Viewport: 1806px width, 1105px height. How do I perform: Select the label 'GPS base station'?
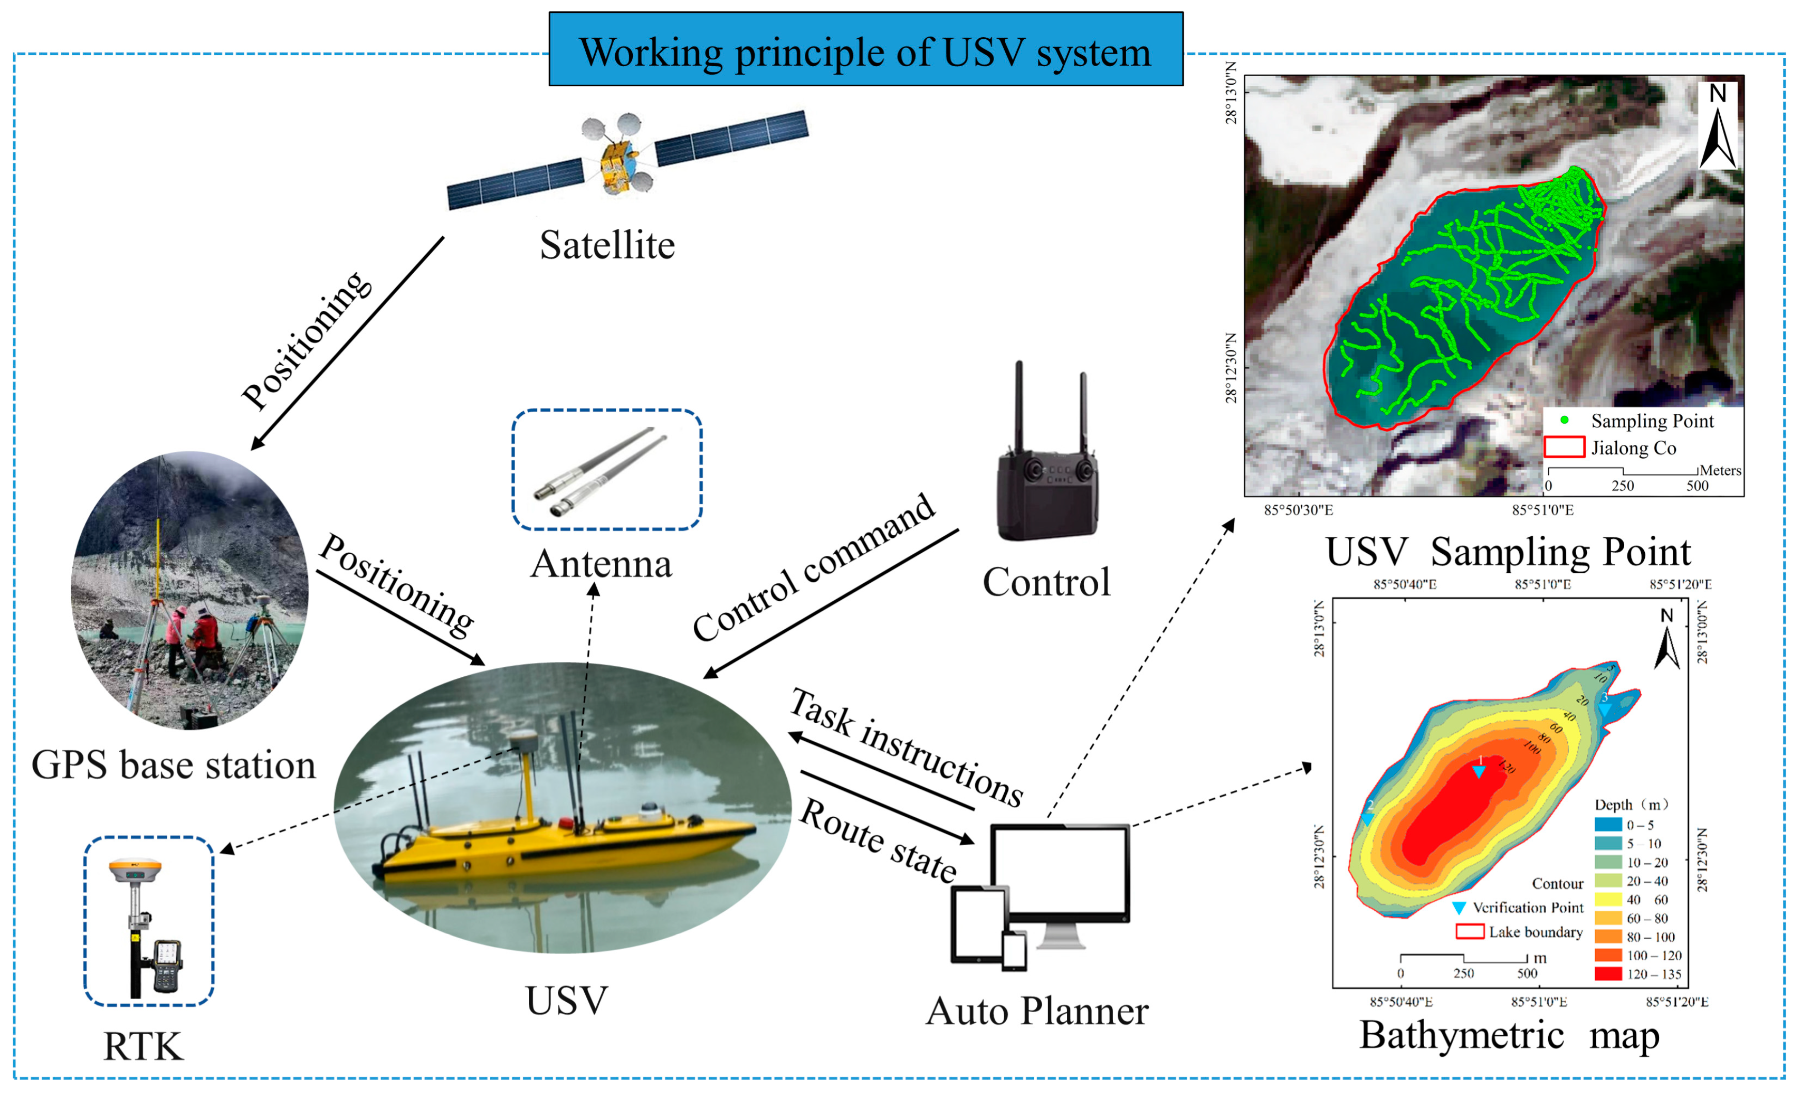[x=174, y=765]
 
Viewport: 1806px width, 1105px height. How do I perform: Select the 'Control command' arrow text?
[x=814, y=568]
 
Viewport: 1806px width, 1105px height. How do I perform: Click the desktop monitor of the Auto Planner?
[x=1060, y=872]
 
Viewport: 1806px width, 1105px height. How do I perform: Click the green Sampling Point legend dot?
[x=1565, y=420]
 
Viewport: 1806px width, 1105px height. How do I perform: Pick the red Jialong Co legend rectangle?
[x=1565, y=447]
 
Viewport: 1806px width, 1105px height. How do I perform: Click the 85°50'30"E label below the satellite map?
[x=1298, y=510]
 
